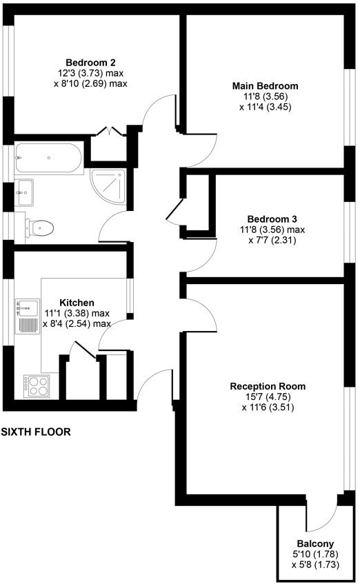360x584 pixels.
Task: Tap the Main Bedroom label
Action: [x=265, y=86]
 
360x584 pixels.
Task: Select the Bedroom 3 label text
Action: [x=272, y=219]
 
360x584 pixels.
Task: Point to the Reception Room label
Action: [x=268, y=386]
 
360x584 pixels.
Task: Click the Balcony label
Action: [x=315, y=544]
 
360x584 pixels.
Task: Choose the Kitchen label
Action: [x=77, y=303]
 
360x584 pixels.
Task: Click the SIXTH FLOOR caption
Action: [x=36, y=432]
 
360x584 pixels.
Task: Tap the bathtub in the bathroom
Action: [x=48, y=158]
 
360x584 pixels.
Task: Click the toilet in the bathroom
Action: [x=39, y=228]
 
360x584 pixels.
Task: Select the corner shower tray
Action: [x=108, y=186]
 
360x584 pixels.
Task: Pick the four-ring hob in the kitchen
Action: [x=36, y=386]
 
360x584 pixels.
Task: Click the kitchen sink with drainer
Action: [x=27, y=316]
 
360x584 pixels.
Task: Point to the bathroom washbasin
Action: [x=24, y=192]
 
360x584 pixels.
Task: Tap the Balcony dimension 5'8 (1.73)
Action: [x=315, y=565]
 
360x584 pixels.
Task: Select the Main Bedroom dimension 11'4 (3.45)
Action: [x=265, y=107]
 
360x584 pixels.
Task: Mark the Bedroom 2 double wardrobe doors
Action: [x=109, y=131]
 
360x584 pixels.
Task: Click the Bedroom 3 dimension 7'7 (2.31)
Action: [x=272, y=240]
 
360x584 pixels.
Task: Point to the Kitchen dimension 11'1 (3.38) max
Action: [x=77, y=313]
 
